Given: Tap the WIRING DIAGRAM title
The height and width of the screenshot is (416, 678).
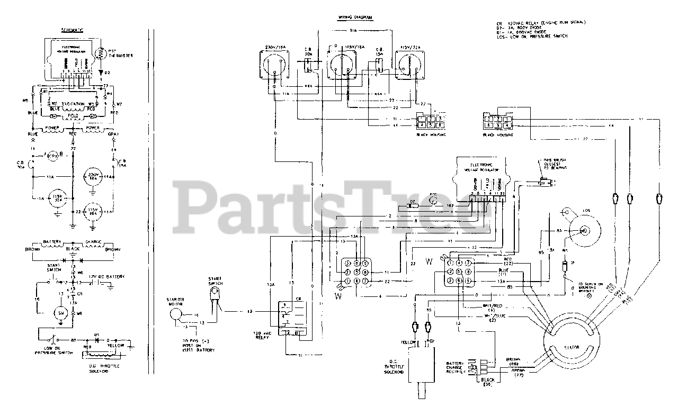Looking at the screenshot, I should point(355,18).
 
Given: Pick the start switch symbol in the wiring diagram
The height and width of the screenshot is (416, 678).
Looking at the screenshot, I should point(216,301).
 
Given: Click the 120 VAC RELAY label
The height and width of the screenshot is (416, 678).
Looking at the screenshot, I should point(263,335).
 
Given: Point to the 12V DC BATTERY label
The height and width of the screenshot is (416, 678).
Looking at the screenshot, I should point(107,276).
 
